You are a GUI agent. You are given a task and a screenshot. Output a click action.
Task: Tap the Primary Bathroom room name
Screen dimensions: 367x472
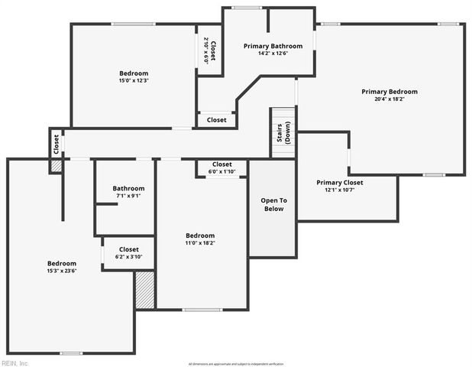(273, 46)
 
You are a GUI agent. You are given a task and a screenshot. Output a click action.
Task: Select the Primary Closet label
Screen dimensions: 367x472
(340, 183)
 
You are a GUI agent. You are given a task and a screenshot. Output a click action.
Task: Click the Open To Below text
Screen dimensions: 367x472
(273, 204)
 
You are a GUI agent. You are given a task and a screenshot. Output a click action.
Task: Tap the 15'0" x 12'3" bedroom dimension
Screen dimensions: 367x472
(133, 80)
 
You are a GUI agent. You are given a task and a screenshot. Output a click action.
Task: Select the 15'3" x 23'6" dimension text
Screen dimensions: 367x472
(62, 270)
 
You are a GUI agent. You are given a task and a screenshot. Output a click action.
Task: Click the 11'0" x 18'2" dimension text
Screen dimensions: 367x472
(200, 242)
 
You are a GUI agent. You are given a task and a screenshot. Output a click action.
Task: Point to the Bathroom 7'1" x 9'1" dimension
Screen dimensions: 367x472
(128, 195)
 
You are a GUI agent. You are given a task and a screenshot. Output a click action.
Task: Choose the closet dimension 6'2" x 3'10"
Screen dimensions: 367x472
(129, 256)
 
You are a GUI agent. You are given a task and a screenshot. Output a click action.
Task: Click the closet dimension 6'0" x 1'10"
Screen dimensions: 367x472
(221, 171)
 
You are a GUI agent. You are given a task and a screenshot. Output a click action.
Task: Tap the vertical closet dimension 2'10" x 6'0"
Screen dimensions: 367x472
(206, 50)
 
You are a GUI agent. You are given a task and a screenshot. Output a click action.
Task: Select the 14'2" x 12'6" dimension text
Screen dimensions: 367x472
(273, 53)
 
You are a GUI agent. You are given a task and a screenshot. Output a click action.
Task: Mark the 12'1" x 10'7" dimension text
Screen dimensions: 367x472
(340, 190)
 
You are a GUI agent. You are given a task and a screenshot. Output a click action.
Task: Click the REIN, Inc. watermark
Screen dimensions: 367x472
(15, 362)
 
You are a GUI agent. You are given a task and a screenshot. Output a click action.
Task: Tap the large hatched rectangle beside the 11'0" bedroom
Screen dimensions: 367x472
(145, 290)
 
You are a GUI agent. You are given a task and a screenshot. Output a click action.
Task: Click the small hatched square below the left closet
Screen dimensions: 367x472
(56, 166)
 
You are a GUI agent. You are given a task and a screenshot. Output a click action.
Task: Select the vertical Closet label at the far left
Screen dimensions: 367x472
(56, 143)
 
